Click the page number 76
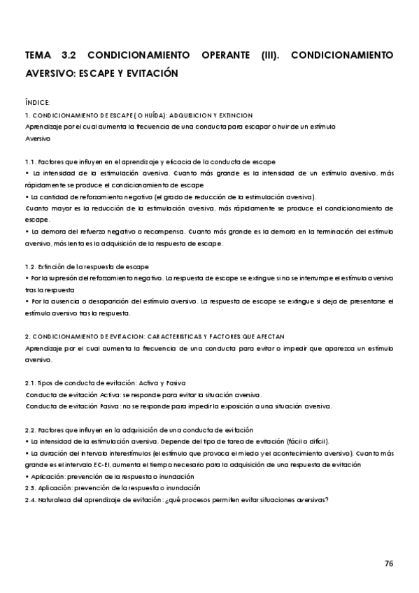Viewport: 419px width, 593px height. [389, 562]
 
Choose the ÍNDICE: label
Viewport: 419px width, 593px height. [36, 102]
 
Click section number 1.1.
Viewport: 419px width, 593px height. [30, 161]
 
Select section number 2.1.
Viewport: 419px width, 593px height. [30, 383]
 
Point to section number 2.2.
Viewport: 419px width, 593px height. [30, 429]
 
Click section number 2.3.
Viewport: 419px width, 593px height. [30, 487]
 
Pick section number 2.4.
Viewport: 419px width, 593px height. [30, 499]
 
